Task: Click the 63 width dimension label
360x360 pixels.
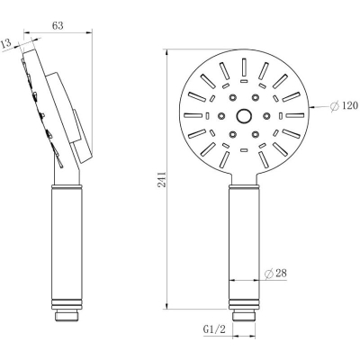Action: coord(58,26)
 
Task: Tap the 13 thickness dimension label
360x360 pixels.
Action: coord(5,44)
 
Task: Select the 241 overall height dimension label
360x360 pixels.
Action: coord(162,180)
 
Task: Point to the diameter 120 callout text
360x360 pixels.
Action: coord(344,105)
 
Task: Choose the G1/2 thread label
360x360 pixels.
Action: coord(214,329)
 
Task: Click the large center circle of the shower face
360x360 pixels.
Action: coord(244,115)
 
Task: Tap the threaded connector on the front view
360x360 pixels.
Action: coord(244,317)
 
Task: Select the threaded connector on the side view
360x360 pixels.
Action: coord(67,317)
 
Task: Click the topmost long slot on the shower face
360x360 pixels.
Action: coord(244,67)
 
